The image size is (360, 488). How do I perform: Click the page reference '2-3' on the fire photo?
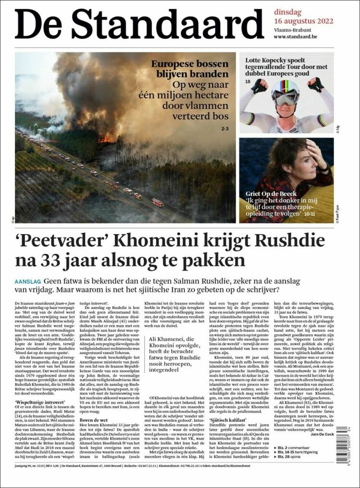(225, 129)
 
